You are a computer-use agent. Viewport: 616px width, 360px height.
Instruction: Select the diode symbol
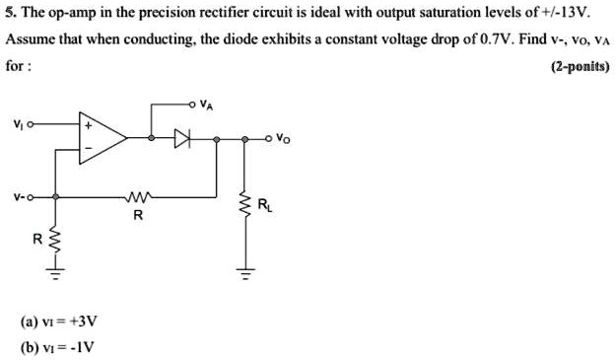[180, 139]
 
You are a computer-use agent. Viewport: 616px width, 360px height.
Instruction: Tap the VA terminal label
[205, 101]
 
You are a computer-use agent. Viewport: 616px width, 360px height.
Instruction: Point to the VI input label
[17, 124]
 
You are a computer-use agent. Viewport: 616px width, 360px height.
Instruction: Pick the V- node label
[18, 195]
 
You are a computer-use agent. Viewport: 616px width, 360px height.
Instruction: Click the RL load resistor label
[263, 205]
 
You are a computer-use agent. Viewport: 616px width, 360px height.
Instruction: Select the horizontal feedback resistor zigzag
[136, 196]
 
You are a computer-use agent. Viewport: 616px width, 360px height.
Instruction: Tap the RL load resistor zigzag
[242, 206]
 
